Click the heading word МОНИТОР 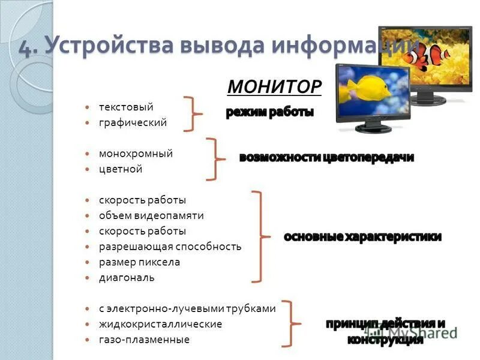pyautogui.click(x=275, y=87)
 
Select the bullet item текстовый pyautogui.click(x=126, y=107)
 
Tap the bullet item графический pyautogui.click(x=133, y=122)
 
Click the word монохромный pyautogui.click(x=136, y=154)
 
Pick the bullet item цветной pyautogui.click(x=121, y=169)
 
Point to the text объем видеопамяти pyautogui.click(x=151, y=215)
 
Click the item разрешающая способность pyautogui.click(x=170, y=247)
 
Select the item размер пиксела pyautogui.click(x=139, y=262)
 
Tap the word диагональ pyautogui.click(x=127, y=278)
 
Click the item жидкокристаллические pyautogui.click(x=160, y=324)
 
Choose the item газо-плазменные pyautogui.click(x=144, y=340)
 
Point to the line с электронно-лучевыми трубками pyautogui.click(x=187, y=308)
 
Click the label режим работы pyautogui.click(x=270, y=112)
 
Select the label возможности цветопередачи pyautogui.click(x=326, y=158)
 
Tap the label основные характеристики pyautogui.click(x=362, y=236)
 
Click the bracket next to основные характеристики pyautogui.click(x=259, y=236)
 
